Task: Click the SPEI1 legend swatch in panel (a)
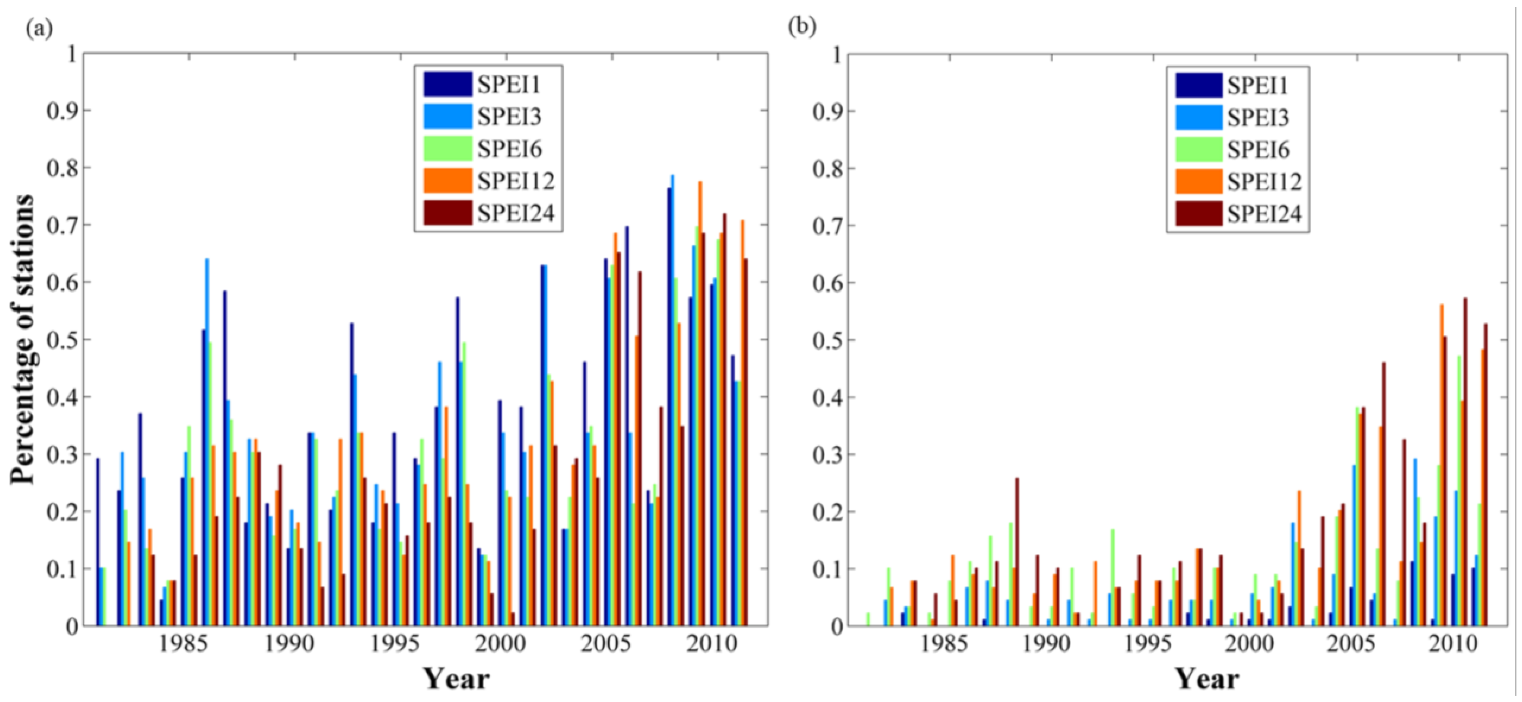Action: [x=447, y=84]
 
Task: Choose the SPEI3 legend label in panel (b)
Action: [x=1257, y=118]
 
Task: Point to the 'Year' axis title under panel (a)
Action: [x=457, y=679]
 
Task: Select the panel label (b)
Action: [x=802, y=28]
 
